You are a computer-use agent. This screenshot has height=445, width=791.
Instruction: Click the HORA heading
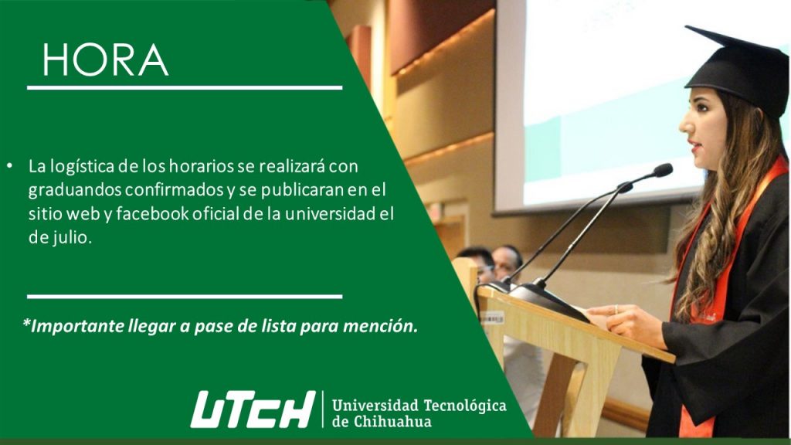[x=105, y=60]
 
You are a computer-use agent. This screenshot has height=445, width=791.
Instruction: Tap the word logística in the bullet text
[x=78, y=167]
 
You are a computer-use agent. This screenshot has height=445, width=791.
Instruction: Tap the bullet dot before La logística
[x=10, y=165]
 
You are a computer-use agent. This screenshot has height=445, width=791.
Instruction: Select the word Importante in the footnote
[x=73, y=327]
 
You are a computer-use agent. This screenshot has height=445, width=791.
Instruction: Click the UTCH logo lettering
[x=253, y=409]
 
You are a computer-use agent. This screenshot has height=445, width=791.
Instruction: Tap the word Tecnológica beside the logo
[x=464, y=406]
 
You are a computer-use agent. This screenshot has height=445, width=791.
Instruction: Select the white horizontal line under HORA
[x=185, y=88]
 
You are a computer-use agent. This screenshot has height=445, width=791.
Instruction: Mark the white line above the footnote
[x=185, y=297]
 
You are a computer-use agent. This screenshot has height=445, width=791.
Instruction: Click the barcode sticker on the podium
[x=491, y=318]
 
